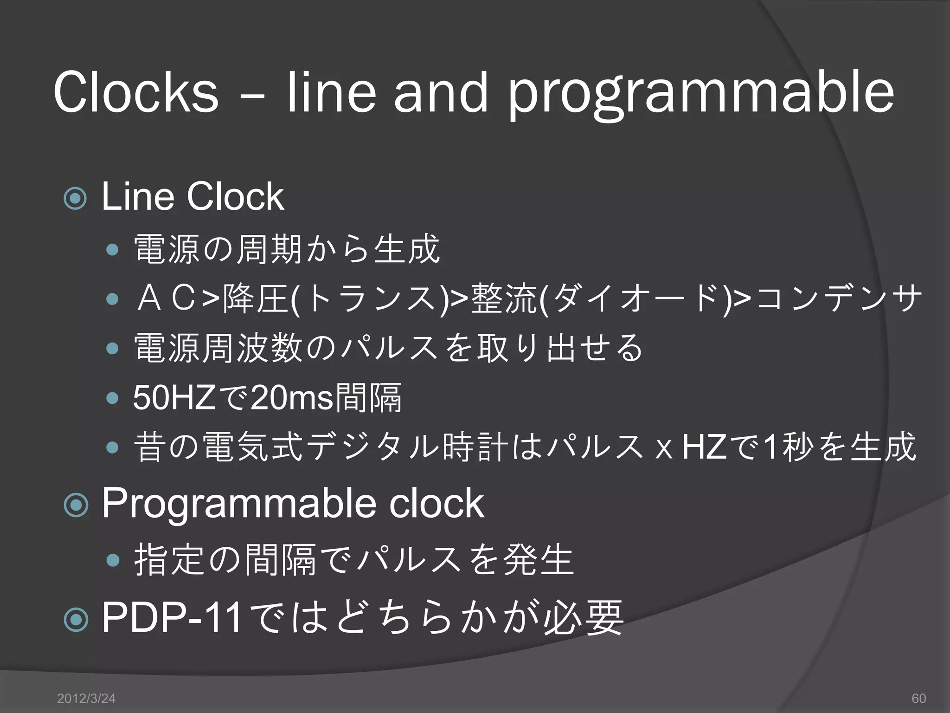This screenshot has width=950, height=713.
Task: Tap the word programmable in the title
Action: (701, 95)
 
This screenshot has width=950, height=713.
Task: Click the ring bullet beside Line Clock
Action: (75, 199)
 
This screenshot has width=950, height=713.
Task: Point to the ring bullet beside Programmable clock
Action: (75, 505)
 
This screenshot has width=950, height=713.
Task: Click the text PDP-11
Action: (172, 617)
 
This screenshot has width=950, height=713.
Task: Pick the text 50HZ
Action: (174, 398)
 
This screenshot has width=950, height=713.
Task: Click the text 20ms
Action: (292, 398)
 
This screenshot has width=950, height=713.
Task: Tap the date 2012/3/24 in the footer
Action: (86, 698)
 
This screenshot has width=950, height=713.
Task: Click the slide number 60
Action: (918, 698)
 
